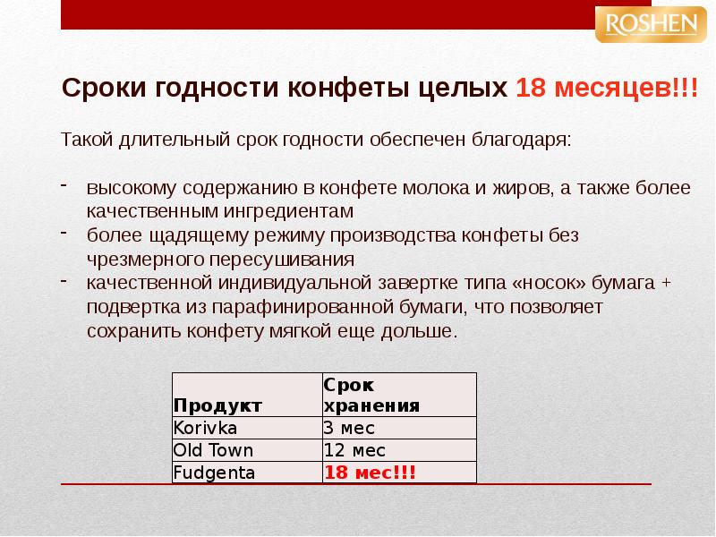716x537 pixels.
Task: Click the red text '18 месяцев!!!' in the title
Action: pyautogui.click(x=606, y=89)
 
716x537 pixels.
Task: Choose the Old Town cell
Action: pyautogui.click(x=214, y=450)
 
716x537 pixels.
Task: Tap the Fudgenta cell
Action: pyautogui.click(x=215, y=472)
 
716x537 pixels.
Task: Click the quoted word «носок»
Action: pyautogui.click(x=551, y=284)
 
